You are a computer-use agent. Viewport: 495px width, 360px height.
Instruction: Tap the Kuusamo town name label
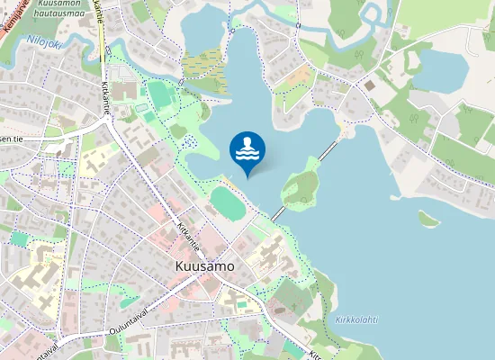point(202,267)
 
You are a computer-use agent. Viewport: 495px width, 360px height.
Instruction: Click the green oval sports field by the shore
point(228,202)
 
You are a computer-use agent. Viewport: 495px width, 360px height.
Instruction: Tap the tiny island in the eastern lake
point(427,218)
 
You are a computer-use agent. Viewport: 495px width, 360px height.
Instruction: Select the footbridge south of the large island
point(278,214)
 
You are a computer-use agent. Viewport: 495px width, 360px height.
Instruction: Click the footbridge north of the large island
point(329,148)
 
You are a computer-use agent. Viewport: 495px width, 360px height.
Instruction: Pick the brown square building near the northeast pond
point(369,85)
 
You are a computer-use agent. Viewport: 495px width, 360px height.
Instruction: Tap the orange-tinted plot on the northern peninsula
point(293,91)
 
